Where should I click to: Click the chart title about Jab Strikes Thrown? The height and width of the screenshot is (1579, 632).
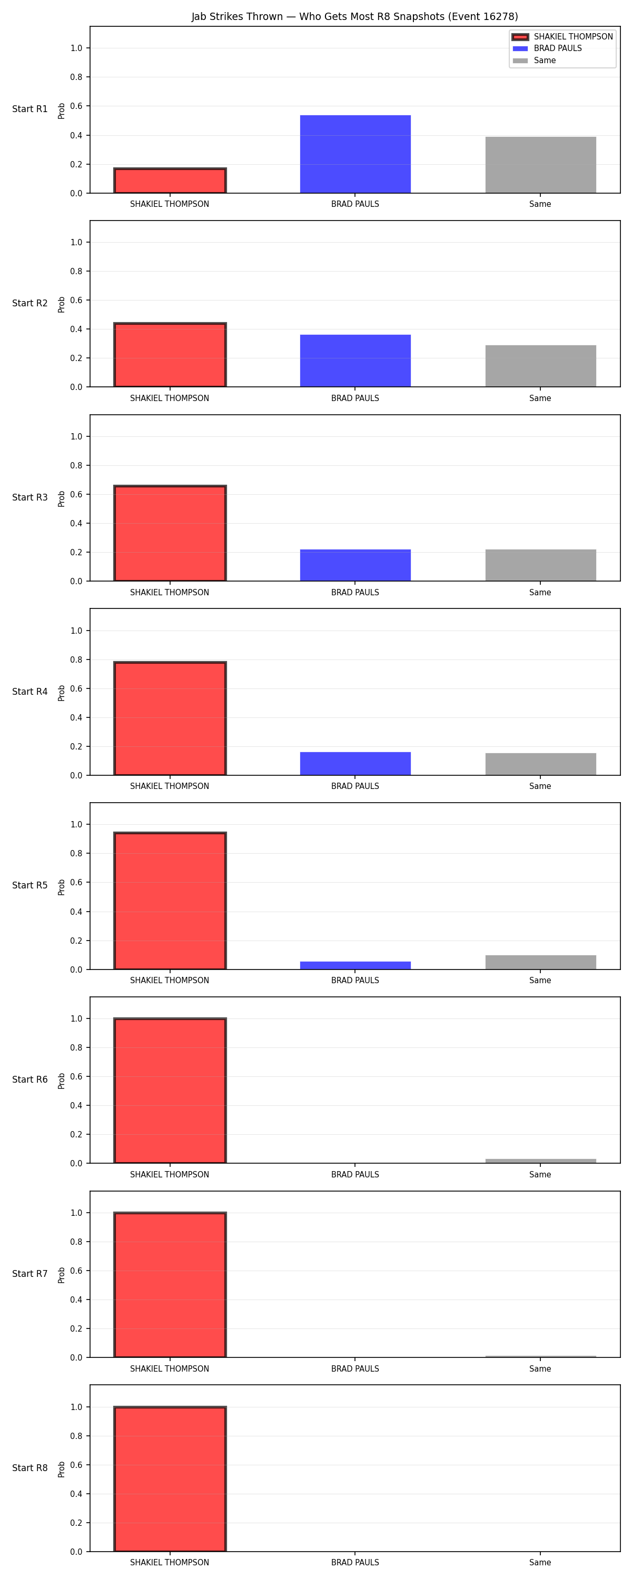click(354, 16)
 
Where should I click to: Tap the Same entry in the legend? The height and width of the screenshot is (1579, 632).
click(535, 60)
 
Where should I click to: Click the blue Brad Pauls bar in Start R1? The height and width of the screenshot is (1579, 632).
click(355, 154)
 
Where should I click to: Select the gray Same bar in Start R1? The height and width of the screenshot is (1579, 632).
click(540, 165)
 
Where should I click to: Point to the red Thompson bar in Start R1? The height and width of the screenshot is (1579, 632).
click(170, 180)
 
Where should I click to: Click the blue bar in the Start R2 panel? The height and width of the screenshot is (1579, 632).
click(355, 361)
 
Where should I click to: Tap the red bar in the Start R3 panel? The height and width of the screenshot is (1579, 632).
click(170, 533)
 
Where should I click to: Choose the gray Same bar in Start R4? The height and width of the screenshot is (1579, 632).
click(540, 764)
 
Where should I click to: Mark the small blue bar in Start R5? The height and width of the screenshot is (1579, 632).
click(355, 965)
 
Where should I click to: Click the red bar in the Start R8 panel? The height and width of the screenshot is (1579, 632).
click(170, 1479)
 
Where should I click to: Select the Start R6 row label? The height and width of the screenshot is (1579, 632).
click(30, 1080)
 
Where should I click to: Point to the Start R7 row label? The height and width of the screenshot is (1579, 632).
click(30, 1274)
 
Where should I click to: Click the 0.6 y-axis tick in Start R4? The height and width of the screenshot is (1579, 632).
click(76, 688)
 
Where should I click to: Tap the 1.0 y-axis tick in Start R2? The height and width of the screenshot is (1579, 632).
click(76, 242)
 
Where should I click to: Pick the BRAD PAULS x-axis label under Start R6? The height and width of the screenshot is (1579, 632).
click(355, 1174)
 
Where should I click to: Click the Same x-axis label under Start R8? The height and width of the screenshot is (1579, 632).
click(540, 1563)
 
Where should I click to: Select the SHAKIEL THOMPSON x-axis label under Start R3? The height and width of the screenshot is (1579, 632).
click(170, 592)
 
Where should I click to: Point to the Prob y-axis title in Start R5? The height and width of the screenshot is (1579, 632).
click(62, 887)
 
